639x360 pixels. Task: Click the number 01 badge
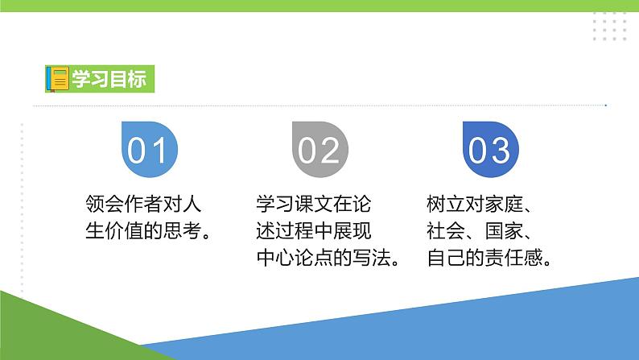[x=148, y=148]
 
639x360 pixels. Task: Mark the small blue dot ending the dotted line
[x=606, y=106]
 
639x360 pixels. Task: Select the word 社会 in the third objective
[x=446, y=231]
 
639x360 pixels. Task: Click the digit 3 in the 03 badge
[x=501, y=149]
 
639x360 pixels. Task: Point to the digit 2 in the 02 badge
[x=330, y=149]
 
